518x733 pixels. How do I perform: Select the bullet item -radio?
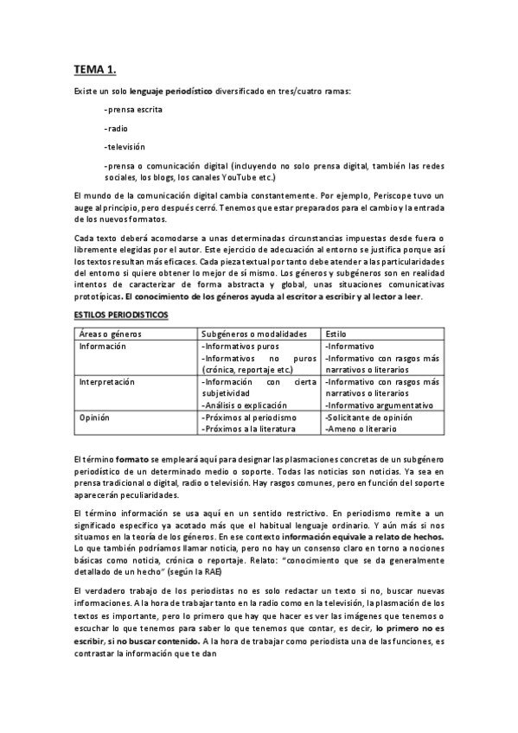point(116,129)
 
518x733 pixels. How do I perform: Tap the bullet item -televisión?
point(125,147)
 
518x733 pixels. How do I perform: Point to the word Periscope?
point(365,197)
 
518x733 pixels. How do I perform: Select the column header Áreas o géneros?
point(110,333)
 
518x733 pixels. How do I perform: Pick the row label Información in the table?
point(103,345)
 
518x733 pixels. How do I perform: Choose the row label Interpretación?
point(109,381)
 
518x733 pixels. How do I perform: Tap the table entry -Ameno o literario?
point(361,429)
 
